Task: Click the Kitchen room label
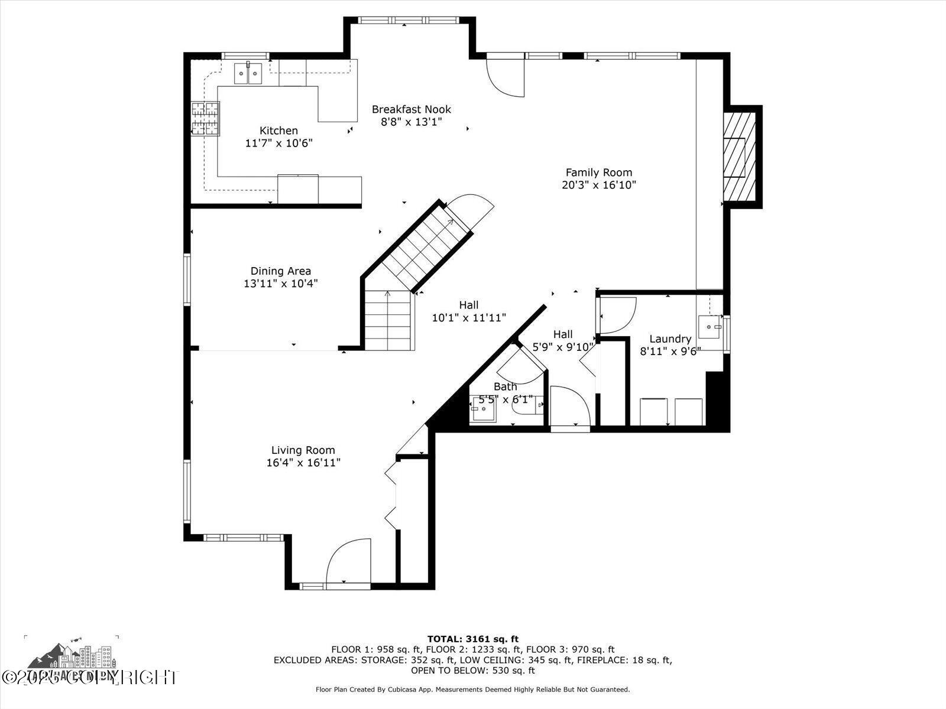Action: (x=278, y=131)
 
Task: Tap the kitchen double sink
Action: (x=248, y=74)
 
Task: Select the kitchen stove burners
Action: (x=205, y=118)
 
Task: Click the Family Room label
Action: (x=598, y=173)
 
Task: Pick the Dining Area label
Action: (x=280, y=271)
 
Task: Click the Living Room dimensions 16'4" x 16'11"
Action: (x=303, y=463)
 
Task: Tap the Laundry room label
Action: (x=670, y=339)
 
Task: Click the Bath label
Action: (x=505, y=386)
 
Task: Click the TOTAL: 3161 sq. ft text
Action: (x=472, y=639)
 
